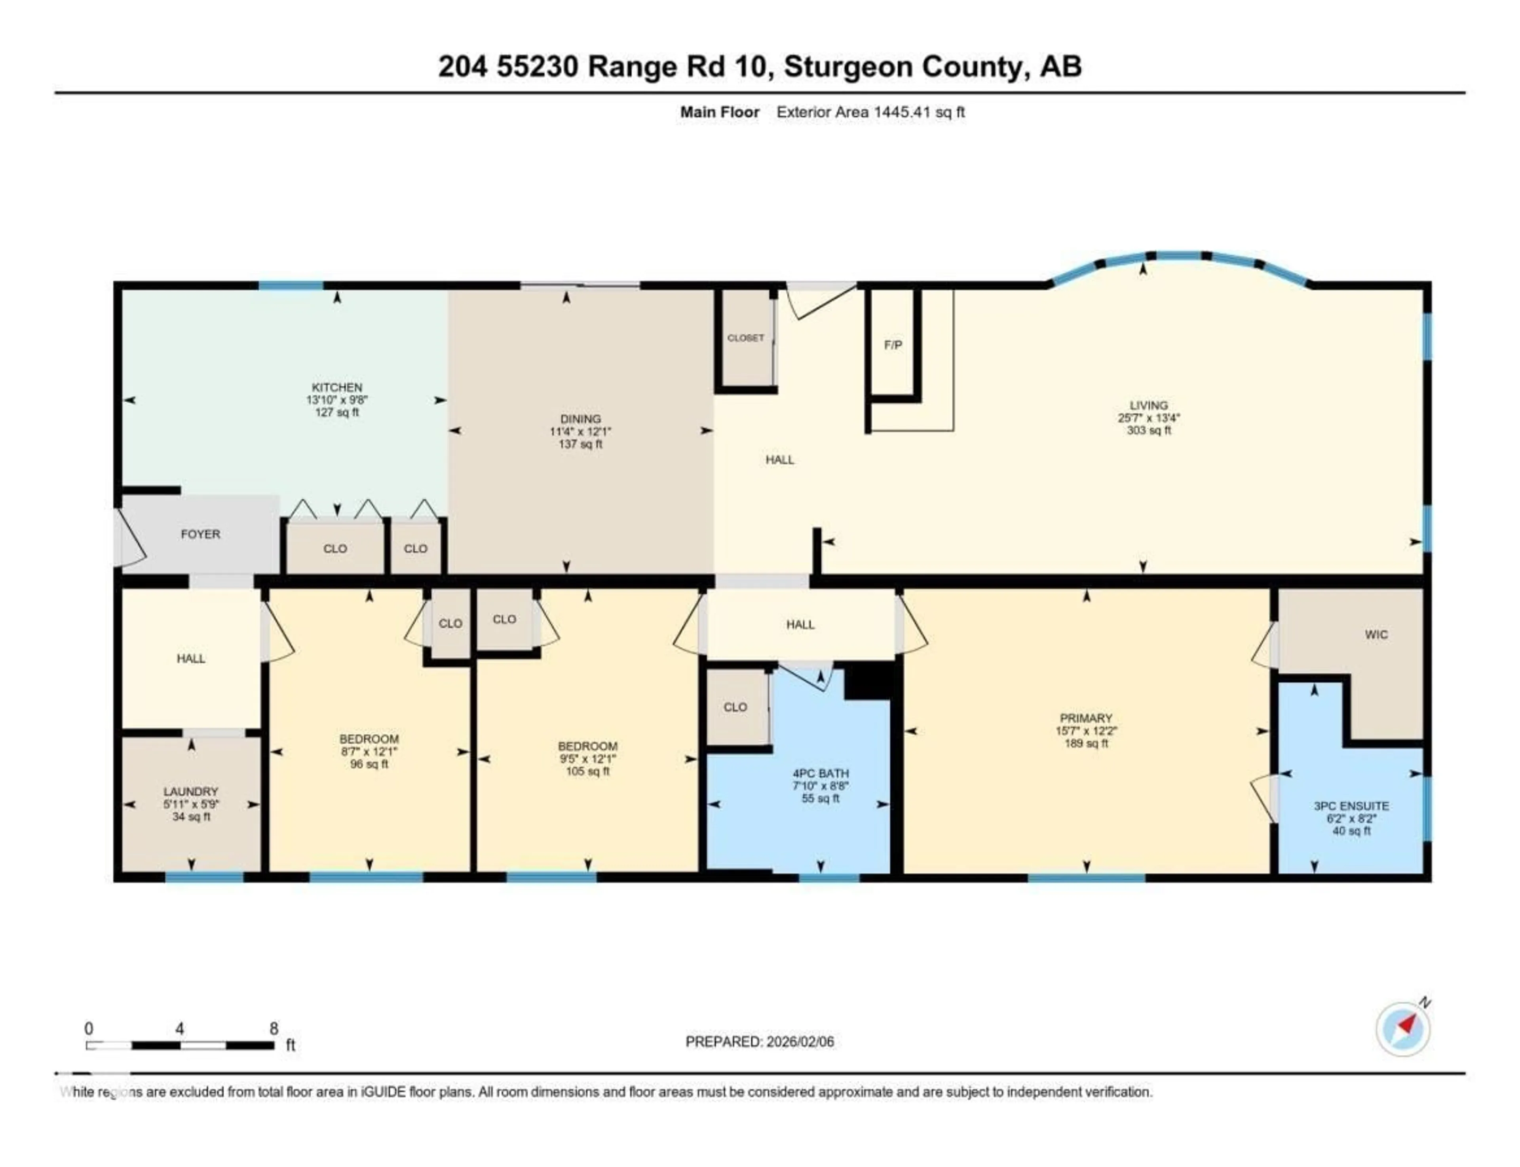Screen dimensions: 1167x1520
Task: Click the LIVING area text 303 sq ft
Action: click(1148, 430)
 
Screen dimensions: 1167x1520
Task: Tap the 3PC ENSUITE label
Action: click(1351, 806)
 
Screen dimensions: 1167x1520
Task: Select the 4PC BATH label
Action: click(820, 773)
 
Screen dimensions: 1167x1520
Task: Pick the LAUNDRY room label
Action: click(190, 791)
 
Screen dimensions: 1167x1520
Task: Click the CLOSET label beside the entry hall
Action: click(745, 338)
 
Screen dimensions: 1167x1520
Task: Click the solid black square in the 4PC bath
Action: click(866, 680)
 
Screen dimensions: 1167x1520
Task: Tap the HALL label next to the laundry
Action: click(190, 658)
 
